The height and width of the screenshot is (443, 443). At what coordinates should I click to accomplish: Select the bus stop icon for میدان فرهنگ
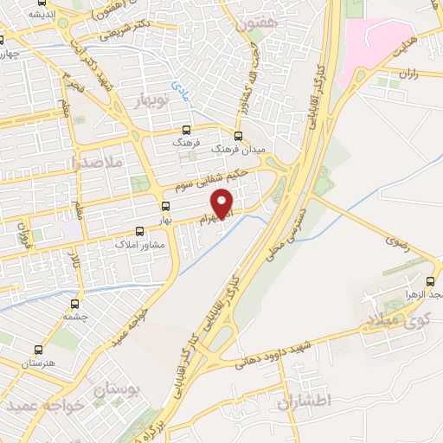pyautogui.click(x=238, y=135)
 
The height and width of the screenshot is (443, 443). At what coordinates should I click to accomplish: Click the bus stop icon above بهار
pyautogui.click(x=165, y=206)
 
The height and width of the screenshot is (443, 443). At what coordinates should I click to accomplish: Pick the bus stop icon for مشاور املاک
pyautogui.click(x=140, y=231)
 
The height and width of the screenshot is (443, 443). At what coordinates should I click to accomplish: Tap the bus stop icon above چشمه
pyautogui.click(x=75, y=304)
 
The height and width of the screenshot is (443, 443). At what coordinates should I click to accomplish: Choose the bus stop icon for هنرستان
pyautogui.click(x=38, y=350)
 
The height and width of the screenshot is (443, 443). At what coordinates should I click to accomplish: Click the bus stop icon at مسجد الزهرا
pyautogui.click(x=431, y=281)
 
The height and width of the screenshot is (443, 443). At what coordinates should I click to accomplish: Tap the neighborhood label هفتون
pyautogui.click(x=251, y=27)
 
